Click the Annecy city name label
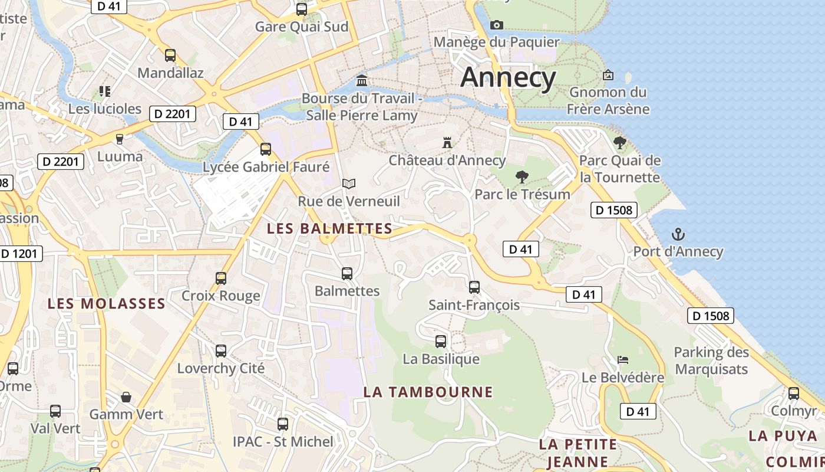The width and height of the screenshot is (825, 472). pos(508,77)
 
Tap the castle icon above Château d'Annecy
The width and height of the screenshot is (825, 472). pos(447,143)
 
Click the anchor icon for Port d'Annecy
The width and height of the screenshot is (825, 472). pos(678,234)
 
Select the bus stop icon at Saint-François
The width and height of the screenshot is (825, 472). pos(474,287)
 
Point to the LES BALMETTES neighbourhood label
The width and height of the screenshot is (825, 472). pos(329,228)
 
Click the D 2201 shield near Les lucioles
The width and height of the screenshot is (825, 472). pos(172,113)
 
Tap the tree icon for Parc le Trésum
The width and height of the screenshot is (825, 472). pos(522,176)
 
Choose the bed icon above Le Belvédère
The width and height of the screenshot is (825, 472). pos(623,359)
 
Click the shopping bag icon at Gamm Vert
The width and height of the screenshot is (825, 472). pos(126,397)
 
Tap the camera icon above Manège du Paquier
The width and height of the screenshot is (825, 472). pos(497,25)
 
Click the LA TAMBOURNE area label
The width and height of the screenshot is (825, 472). pos(428,392)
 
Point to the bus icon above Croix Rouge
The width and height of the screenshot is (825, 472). pos(221,278)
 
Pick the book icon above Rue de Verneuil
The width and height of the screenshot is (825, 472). pos(349,184)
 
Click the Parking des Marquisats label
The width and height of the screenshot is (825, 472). pos(711,360)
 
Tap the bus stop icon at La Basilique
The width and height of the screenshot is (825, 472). pos(441,342)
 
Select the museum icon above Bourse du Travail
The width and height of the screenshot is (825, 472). pos(362,80)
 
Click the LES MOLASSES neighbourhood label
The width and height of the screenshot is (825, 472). pos(106,304)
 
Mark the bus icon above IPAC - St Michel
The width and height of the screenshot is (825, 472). pos(283,424)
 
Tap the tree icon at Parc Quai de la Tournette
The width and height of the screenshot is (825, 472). pos(619,143)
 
